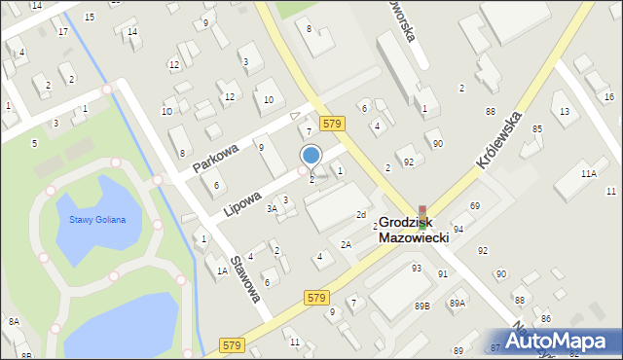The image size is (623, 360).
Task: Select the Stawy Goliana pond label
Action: coord(96,220)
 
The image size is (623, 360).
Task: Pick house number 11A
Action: coord(589,173)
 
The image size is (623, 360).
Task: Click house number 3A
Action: coord(274,208)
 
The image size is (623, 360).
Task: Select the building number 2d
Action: coord(360,214)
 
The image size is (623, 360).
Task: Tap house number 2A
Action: coord(346,244)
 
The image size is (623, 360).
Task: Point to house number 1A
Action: coord(222,271)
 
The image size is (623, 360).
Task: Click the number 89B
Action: coord(421,306)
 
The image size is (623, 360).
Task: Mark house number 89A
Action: coord(457,304)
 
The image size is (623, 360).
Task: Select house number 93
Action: coord(416,268)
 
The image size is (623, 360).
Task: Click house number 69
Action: coord(474,206)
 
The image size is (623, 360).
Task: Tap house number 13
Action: coord(565,112)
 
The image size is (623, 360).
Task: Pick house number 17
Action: coord(62,32)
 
